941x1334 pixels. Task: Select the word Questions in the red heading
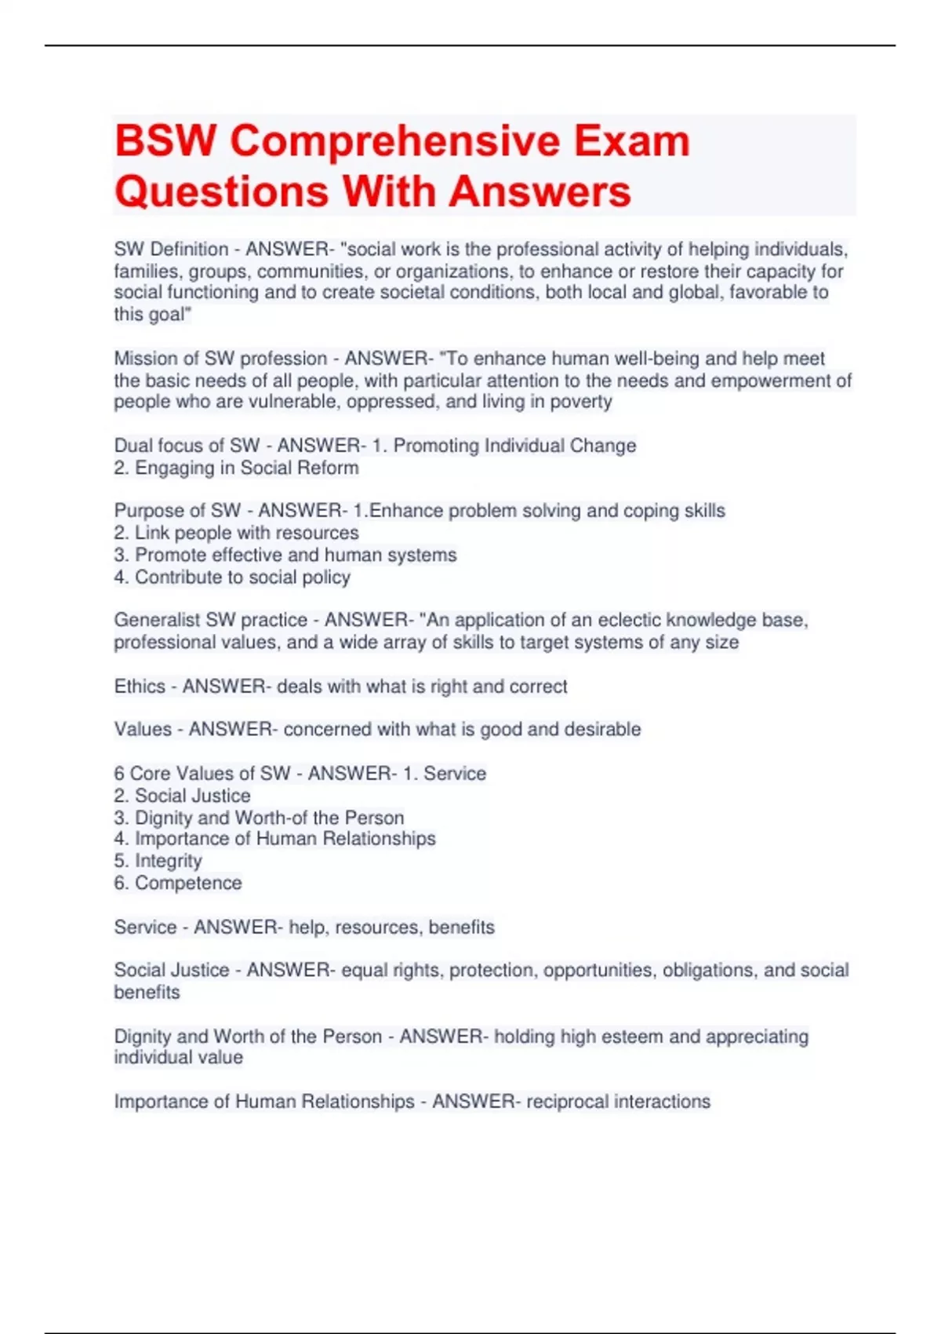click(220, 191)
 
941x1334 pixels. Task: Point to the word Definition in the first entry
click(189, 250)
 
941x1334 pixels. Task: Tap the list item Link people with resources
click(246, 533)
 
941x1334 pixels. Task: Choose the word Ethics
click(140, 687)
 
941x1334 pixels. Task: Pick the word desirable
click(602, 730)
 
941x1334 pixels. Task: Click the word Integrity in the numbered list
click(168, 861)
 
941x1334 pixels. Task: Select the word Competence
click(188, 883)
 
